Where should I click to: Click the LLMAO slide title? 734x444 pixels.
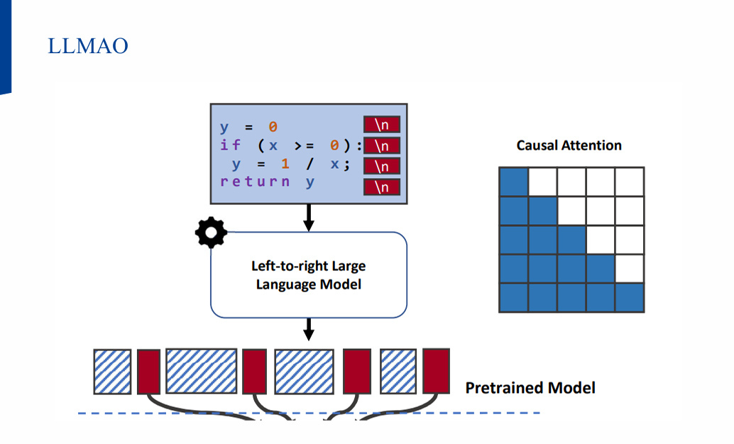[88, 46]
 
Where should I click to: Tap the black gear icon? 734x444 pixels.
[211, 233]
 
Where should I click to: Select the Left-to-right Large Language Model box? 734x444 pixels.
[309, 274]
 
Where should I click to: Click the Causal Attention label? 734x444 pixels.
[569, 145]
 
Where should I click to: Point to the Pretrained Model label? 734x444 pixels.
[530, 388]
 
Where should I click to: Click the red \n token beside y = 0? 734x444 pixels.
[382, 125]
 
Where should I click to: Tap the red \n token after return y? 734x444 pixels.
[382, 187]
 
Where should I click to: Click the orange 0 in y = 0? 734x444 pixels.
[273, 127]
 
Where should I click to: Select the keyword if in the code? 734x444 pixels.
[231, 145]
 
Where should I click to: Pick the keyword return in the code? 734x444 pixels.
[255, 182]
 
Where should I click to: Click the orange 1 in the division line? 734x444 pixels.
[285, 163]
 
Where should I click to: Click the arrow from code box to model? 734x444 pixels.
[309, 217]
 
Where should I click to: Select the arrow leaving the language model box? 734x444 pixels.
[309, 329]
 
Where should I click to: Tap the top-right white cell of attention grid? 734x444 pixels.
[630, 182]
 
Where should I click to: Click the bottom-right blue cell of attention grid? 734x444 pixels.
[630, 298]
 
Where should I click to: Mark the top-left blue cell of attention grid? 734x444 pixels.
[514, 182]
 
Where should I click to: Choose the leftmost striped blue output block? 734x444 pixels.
[112, 372]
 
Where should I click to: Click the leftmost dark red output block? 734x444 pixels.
[148, 372]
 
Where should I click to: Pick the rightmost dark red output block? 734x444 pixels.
[436, 371]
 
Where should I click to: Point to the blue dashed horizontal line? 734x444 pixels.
[309, 413]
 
